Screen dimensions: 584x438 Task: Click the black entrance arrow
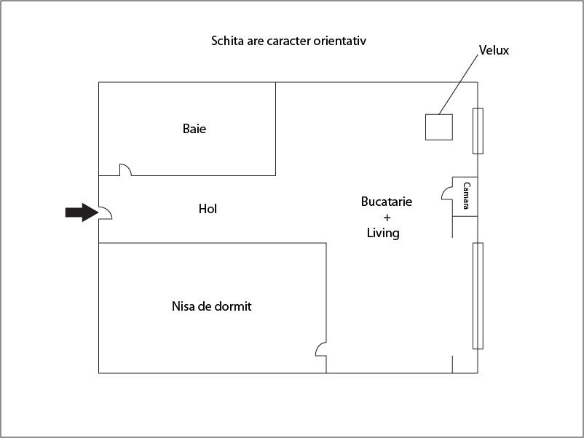(82, 212)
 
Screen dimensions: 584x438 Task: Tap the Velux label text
(494, 50)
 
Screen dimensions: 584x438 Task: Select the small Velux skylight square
(439, 127)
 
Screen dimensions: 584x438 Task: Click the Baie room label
(194, 129)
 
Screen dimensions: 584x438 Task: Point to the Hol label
(208, 209)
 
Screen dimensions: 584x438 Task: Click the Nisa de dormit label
(212, 306)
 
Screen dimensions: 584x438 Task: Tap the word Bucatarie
(387, 202)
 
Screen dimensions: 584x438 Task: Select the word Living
(383, 234)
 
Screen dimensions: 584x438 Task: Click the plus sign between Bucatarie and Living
(387, 218)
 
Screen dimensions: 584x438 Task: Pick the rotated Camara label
(466, 196)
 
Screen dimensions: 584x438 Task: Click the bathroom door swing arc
(125, 170)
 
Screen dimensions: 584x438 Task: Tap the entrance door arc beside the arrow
(106, 213)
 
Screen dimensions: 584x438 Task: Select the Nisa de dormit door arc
(321, 349)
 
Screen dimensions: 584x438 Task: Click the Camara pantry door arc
(447, 194)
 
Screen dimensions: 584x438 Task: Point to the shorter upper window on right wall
(478, 131)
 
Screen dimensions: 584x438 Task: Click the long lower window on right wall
(478, 296)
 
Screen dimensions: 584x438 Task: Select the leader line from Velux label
(459, 84)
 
